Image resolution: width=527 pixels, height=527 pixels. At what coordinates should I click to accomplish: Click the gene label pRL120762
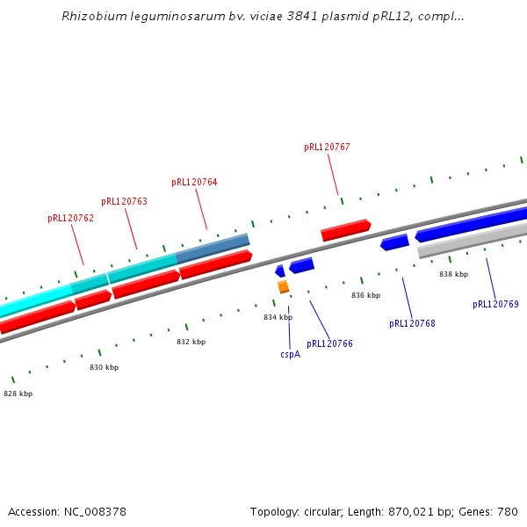point(70,218)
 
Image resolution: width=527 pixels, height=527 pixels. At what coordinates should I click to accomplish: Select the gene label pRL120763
point(124,201)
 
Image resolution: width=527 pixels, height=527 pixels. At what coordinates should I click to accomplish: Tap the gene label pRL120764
point(194,182)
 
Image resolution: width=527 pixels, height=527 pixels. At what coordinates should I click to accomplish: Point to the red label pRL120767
point(327,147)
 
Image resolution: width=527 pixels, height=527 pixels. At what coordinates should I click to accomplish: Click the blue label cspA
point(290,354)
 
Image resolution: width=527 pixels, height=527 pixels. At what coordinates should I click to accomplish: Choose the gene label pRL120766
point(329,343)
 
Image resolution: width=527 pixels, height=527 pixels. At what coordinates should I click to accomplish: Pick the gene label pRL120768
point(412,323)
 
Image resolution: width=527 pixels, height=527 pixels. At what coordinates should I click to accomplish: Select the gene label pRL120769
point(495,304)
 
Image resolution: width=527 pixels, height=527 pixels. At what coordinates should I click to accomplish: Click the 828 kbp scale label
point(18,393)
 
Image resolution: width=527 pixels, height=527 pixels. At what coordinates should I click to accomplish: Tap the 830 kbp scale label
point(104,367)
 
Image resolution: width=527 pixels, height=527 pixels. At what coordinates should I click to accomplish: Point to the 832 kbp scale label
point(191,342)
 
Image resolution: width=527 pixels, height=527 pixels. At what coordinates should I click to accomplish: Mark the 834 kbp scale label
point(278,317)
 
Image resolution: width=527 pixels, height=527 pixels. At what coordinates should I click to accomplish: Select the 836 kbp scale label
point(365,295)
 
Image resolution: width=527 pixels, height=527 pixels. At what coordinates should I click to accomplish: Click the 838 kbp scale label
point(453,274)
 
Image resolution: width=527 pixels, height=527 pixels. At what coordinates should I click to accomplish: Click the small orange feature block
point(283,286)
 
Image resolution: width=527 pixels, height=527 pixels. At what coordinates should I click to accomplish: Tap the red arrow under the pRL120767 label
point(345,230)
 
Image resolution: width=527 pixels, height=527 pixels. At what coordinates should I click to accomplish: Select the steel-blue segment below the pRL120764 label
point(213,247)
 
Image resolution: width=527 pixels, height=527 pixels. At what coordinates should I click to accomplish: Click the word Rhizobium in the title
point(91,16)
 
